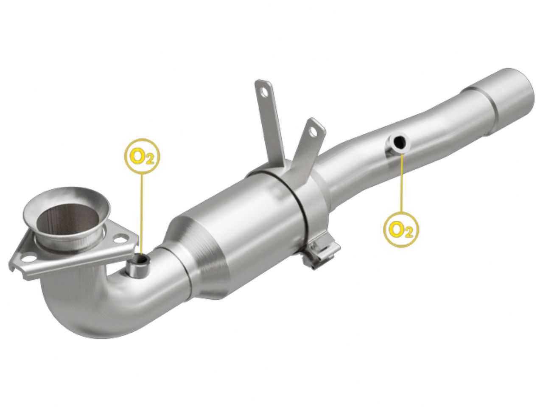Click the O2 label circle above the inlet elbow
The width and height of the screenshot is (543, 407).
[142, 156]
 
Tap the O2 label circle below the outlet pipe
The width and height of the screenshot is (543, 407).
[401, 230]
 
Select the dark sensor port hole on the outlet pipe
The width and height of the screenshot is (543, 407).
[399, 143]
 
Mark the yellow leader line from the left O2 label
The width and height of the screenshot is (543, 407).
[142, 212]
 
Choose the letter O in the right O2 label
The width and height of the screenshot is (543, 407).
[397, 229]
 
